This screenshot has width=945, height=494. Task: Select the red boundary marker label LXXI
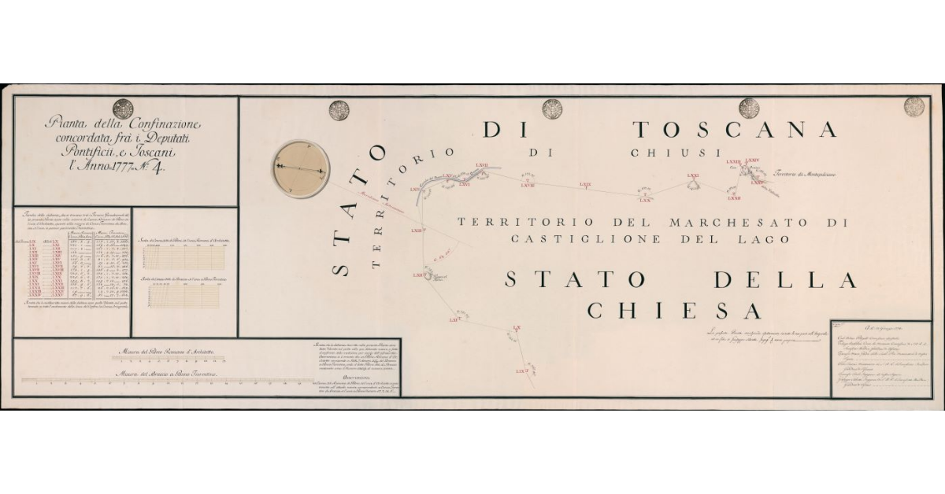click(693, 175)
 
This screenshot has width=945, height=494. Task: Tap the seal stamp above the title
click(123, 109)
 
